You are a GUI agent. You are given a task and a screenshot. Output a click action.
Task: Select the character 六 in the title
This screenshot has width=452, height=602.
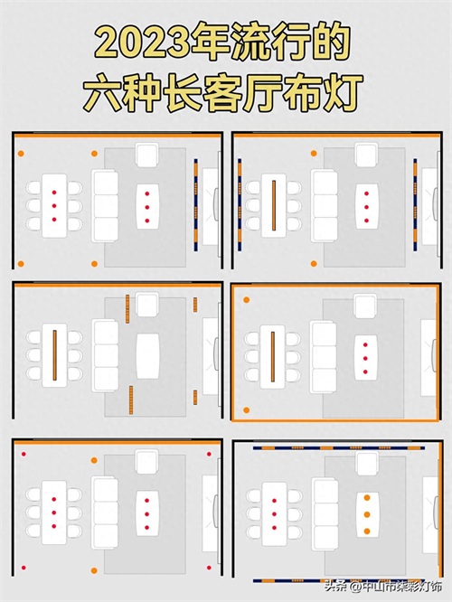(x=105, y=93)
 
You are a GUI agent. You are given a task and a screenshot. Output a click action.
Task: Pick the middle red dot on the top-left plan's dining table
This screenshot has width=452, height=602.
(x=54, y=206)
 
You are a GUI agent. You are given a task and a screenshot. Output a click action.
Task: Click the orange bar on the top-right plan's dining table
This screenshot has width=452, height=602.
(x=274, y=205)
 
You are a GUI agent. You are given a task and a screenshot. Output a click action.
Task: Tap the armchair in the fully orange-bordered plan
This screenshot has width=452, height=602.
(x=365, y=306)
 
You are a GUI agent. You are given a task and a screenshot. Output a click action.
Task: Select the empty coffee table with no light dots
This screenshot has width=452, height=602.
(x=147, y=356)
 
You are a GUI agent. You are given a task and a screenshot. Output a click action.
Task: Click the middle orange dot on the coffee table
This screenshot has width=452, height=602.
(x=367, y=514)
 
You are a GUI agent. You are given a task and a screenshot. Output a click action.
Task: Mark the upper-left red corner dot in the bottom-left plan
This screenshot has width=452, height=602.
(x=24, y=454)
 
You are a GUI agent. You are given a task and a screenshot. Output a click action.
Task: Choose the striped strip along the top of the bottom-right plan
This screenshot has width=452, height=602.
(x=339, y=447)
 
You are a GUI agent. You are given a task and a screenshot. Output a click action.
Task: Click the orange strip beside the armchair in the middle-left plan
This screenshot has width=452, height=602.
(x=127, y=308)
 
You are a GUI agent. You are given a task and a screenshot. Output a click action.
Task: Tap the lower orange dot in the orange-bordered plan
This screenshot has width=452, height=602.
(x=246, y=410)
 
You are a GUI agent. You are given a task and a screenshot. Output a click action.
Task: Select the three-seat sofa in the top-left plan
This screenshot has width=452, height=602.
(x=105, y=206)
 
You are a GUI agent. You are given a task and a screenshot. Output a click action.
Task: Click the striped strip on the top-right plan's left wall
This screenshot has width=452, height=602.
(x=240, y=204)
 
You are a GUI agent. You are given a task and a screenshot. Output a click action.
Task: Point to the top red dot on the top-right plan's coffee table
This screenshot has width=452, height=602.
(x=367, y=193)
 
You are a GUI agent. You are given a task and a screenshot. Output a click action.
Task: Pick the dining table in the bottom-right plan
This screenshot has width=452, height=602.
(x=274, y=513)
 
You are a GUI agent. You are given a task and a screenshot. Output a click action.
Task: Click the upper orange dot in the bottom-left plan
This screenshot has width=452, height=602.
(x=94, y=460)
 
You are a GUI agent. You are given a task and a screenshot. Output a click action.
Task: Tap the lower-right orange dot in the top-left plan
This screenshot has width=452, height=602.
(x=95, y=264)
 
